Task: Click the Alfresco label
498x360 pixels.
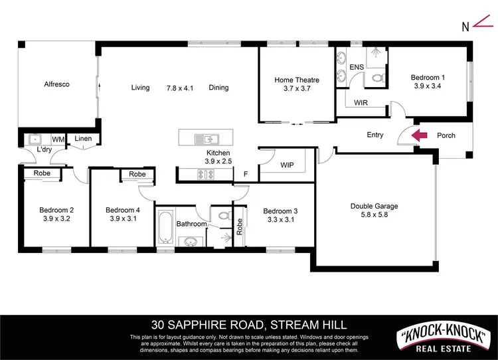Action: [57, 84]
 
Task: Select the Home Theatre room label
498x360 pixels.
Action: [297, 80]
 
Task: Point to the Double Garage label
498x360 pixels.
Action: [374, 207]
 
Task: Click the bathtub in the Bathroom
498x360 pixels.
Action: [165, 228]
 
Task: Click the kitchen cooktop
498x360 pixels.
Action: [205, 175]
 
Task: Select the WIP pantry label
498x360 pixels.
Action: [287, 164]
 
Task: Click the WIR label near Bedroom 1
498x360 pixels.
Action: [361, 103]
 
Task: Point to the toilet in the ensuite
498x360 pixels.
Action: [378, 78]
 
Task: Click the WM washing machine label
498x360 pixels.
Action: [58, 139]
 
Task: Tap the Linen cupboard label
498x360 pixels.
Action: [83, 139]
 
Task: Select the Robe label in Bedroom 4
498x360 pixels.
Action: [137, 174]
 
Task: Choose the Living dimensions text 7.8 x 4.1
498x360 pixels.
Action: [179, 88]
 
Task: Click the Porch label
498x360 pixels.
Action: [446, 135]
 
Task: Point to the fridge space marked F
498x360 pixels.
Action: [245, 174]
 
